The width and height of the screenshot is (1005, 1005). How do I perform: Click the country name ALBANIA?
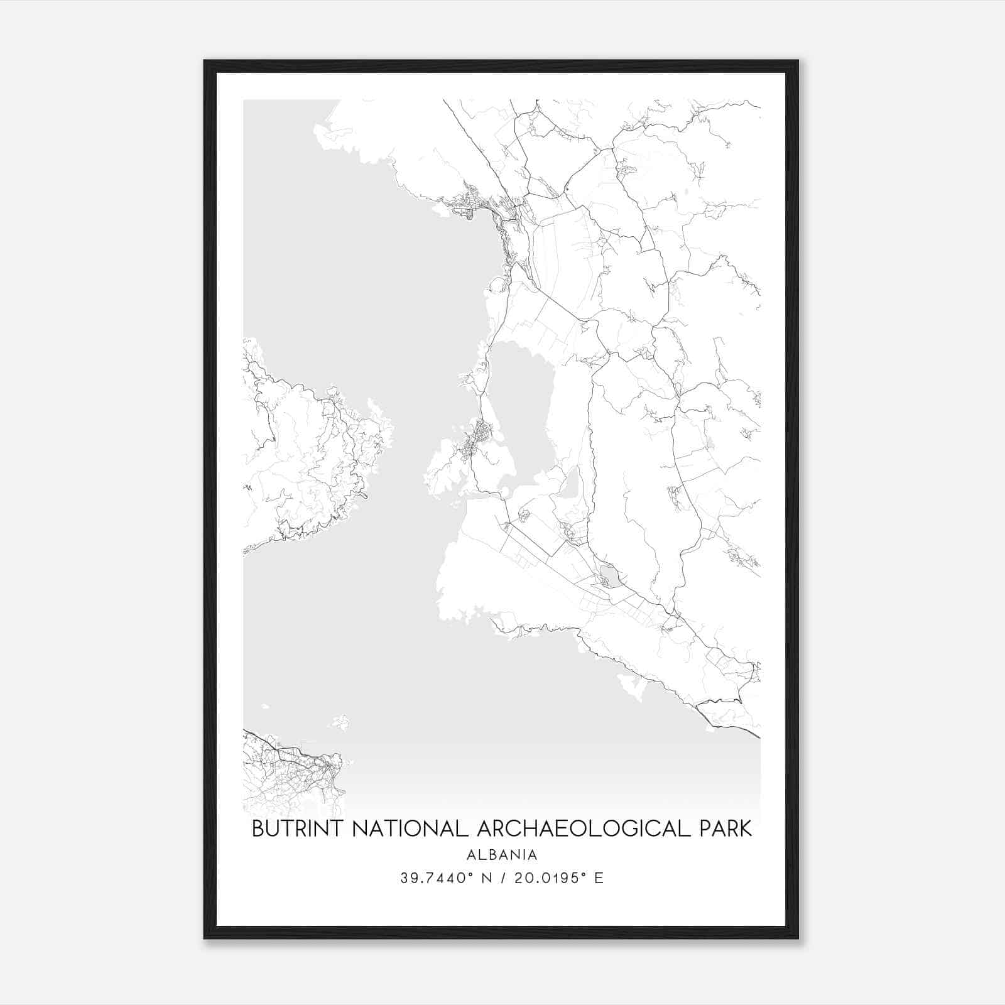tap(502, 855)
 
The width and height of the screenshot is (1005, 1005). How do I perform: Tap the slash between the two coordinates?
tap(500, 878)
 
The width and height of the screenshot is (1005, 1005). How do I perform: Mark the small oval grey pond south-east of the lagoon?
tap(609, 574)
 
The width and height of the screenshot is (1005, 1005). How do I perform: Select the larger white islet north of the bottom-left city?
tap(341, 723)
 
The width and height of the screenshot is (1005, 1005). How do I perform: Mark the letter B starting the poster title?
tap(258, 828)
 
